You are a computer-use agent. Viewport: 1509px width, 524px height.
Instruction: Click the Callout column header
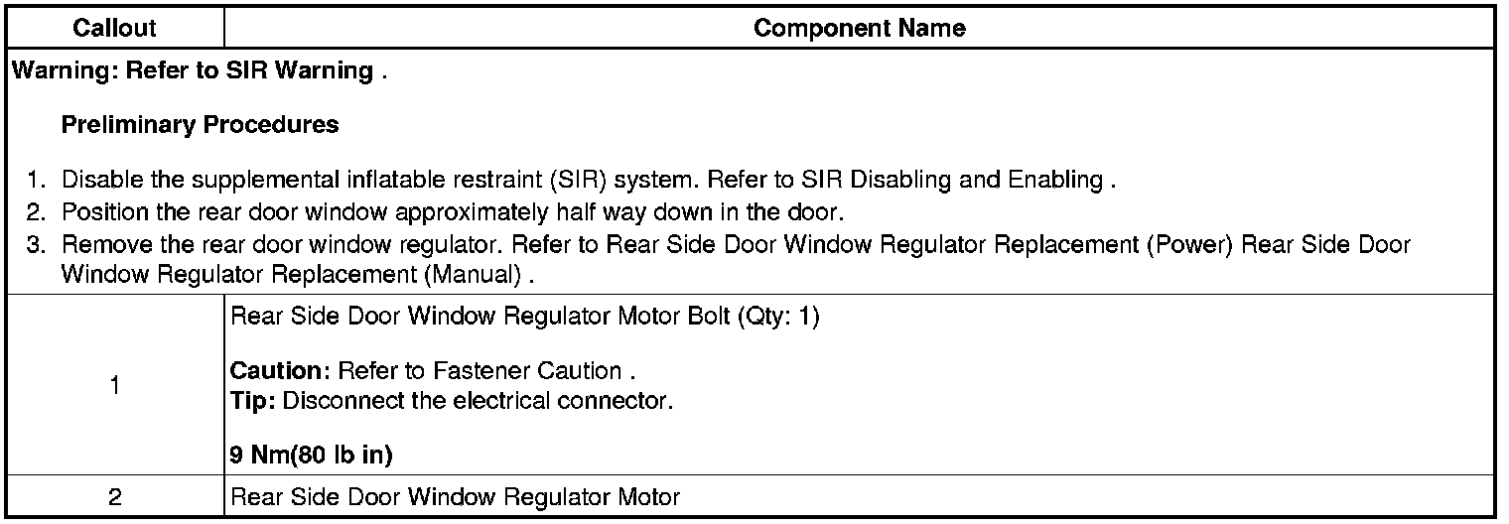pos(115,29)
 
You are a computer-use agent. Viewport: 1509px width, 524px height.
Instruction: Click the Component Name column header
pos(859,29)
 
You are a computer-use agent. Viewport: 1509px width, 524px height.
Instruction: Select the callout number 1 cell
pos(115,386)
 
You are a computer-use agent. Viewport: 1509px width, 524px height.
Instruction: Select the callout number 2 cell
pos(115,497)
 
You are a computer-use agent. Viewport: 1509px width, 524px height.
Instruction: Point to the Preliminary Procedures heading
pos(200,126)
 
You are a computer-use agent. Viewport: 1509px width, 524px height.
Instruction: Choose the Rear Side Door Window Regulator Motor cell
pos(455,497)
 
